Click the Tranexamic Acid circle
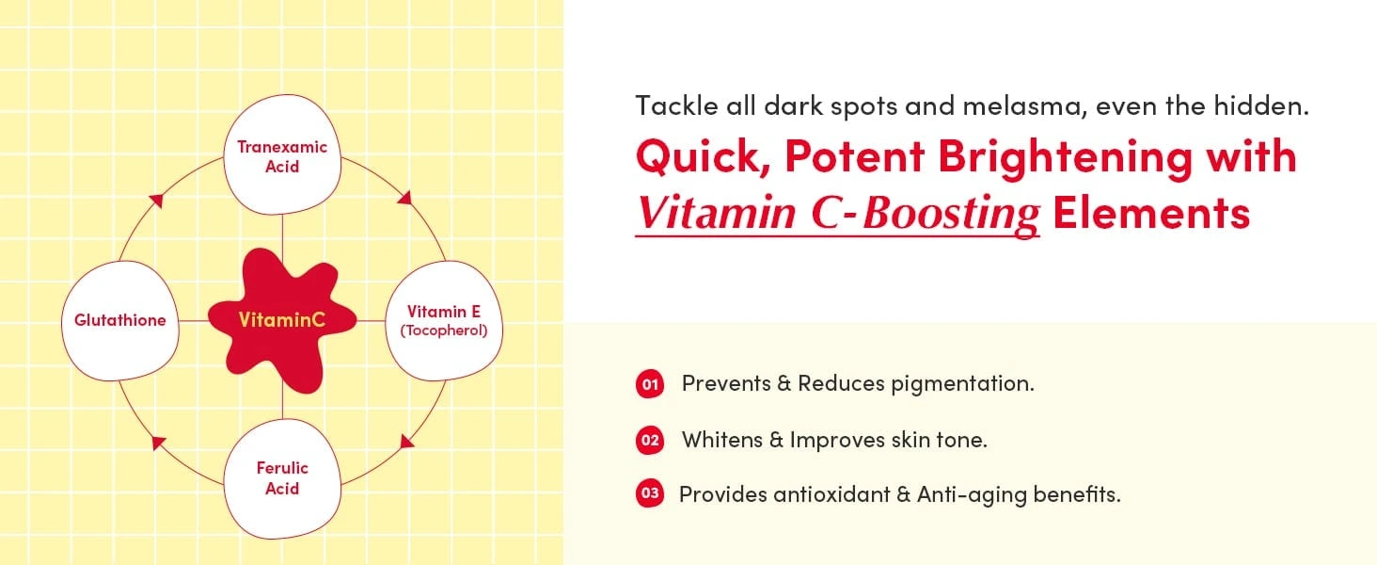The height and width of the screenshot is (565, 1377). (x=282, y=155)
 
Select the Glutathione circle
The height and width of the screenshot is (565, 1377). (x=120, y=321)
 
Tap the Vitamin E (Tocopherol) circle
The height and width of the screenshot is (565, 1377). (x=444, y=321)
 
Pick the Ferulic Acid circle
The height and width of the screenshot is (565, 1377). (x=282, y=478)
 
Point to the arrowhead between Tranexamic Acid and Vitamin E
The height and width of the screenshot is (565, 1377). (x=405, y=197)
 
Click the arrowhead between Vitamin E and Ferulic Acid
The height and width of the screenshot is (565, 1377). (x=406, y=441)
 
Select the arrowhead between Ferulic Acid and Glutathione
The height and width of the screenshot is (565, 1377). (x=159, y=443)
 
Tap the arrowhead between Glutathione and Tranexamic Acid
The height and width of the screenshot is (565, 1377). (x=157, y=200)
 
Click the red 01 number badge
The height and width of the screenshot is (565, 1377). (x=650, y=384)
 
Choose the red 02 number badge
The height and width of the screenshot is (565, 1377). (x=650, y=440)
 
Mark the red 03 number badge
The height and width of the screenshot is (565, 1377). (x=650, y=493)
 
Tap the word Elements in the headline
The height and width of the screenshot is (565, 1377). (x=1151, y=213)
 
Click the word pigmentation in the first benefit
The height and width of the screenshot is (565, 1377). (x=962, y=384)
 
